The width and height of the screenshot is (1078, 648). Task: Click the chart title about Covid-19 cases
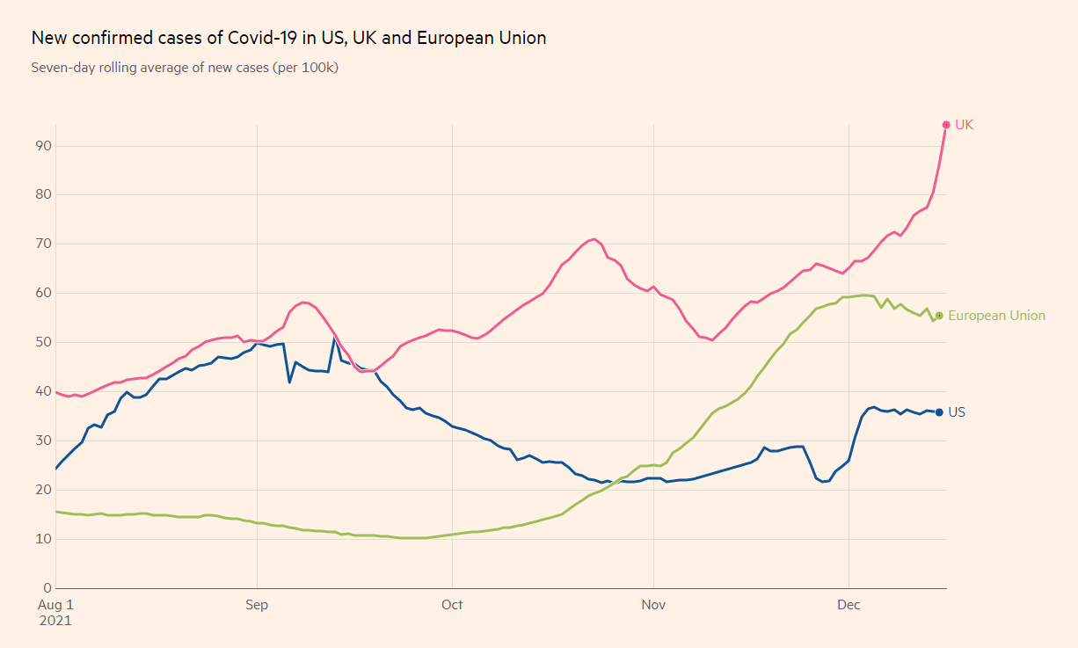[x=288, y=38]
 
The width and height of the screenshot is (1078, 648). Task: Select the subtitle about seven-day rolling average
[x=185, y=67]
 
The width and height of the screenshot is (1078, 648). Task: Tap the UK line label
[x=964, y=125]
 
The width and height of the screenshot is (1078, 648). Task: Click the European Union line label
[x=996, y=316]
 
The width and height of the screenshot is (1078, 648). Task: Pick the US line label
[x=957, y=412]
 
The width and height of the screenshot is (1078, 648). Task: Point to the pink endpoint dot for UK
[x=946, y=125]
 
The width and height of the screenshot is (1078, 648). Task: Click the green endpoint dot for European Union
[x=939, y=316]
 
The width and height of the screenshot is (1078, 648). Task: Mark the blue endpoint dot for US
[x=939, y=412]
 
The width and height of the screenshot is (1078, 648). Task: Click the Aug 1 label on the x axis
[x=55, y=605]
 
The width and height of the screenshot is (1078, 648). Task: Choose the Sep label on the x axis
[x=257, y=605]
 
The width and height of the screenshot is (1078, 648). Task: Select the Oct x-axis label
[x=452, y=605]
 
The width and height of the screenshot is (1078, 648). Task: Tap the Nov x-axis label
[x=653, y=605]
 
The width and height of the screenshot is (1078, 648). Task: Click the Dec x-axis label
[x=849, y=605]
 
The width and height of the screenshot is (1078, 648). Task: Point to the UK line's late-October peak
[x=594, y=238]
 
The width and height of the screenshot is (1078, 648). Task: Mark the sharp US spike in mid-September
[x=334, y=339]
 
